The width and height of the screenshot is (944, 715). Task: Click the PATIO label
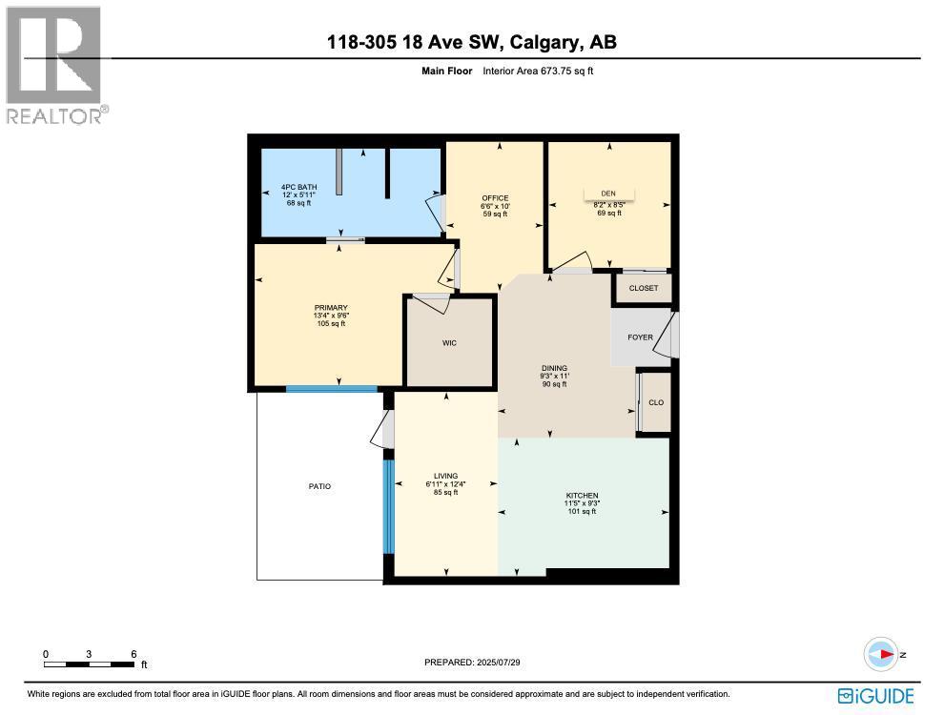[319, 486]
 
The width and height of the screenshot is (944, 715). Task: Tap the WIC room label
[449, 343]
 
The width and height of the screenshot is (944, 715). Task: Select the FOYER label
[640, 337]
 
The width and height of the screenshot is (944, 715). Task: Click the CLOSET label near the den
[644, 288]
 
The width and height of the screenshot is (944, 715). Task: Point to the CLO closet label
[656, 402]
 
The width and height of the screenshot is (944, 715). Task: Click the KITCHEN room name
[583, 496]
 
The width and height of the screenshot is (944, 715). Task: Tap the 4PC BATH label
[298, 187]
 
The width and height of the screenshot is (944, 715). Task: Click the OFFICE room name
[495, 198]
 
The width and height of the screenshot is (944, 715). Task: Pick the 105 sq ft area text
[331, 324]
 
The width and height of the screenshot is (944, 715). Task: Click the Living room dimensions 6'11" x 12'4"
[445, 484]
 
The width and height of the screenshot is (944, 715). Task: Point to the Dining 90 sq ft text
[554, 385]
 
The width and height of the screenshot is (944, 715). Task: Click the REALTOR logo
[55, 67]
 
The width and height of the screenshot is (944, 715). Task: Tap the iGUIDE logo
[875, 695]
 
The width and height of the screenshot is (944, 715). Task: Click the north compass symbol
[883, 655]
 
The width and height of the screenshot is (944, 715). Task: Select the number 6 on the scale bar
[133, 654]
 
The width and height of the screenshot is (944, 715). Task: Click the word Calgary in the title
[543, 42]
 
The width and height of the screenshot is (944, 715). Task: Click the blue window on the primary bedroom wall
[332, 388]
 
